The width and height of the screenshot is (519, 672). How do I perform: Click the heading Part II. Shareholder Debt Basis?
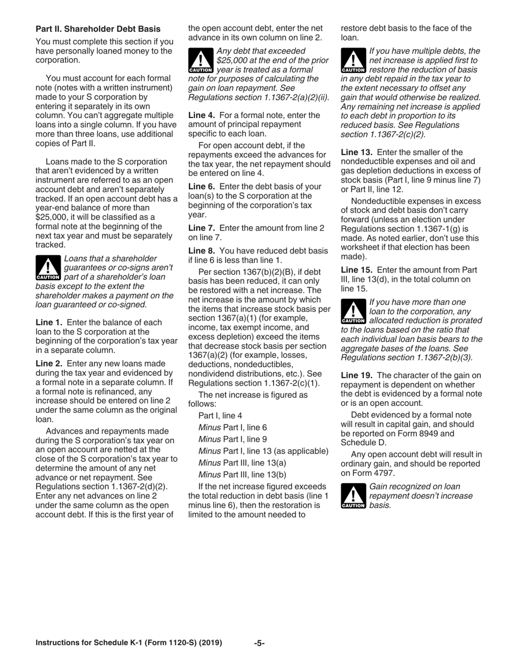pos(98,28)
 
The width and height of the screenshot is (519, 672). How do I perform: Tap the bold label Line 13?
pos(356,152)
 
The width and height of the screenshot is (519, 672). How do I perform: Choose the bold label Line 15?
pos(356,270)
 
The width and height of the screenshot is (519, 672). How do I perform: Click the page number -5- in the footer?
pos(259,643)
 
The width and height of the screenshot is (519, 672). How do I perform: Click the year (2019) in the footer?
pos(210,643)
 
